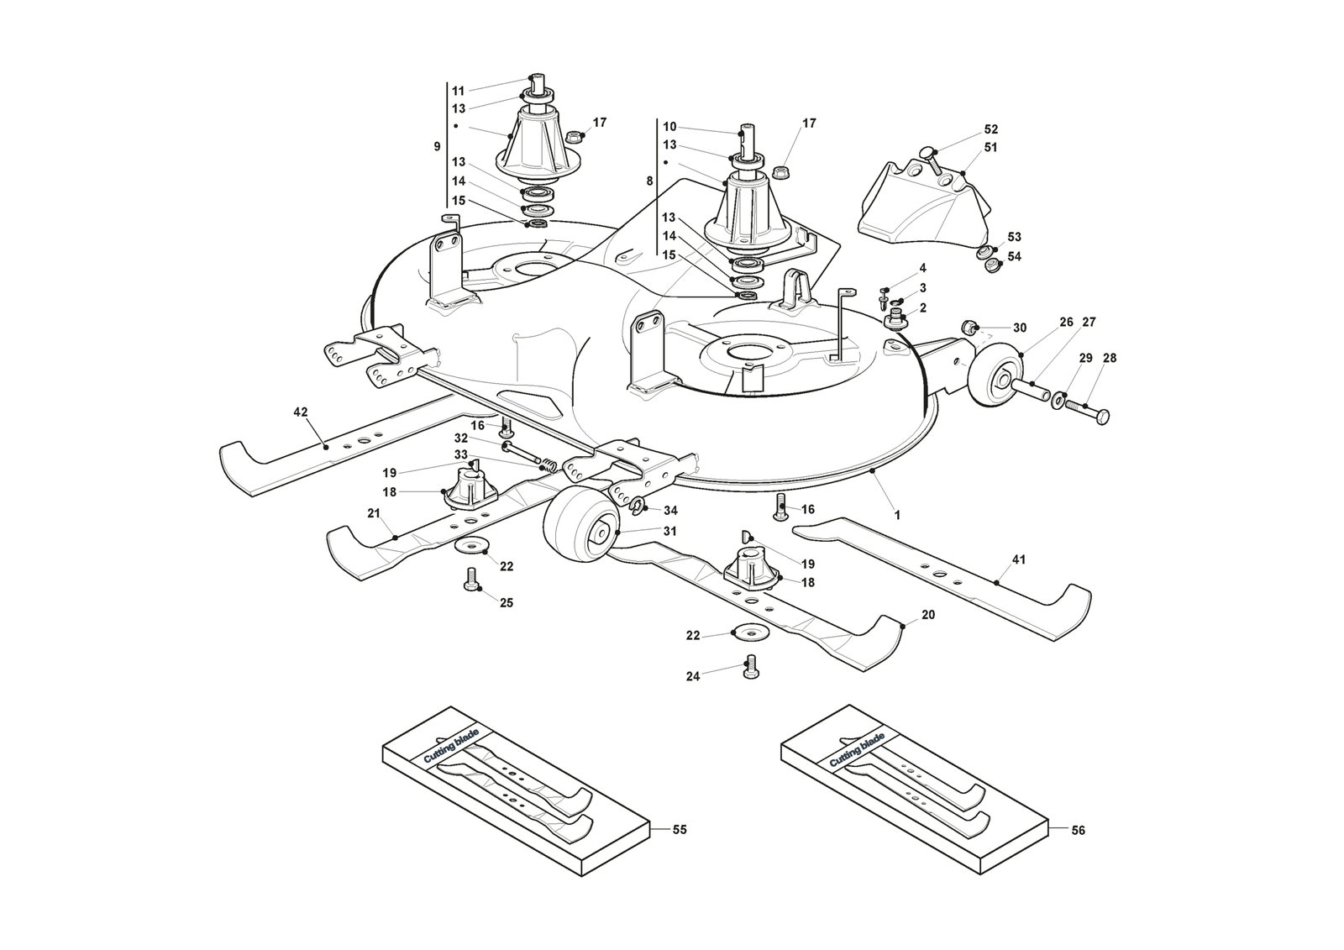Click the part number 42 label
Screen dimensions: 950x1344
[301, 412]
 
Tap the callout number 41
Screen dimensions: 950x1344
[1019, 560]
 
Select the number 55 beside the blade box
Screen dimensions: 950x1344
[680, 830]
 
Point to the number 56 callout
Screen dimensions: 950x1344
[1079, 831]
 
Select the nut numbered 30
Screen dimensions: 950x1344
[969, 327]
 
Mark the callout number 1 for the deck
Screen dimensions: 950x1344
[897, 516]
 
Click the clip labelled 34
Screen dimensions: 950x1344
[638, 505]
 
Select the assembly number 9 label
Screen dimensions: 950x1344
[437, 147]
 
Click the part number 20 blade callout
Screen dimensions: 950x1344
[928, 616]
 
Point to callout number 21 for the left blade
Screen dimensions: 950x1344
[374, 514]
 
